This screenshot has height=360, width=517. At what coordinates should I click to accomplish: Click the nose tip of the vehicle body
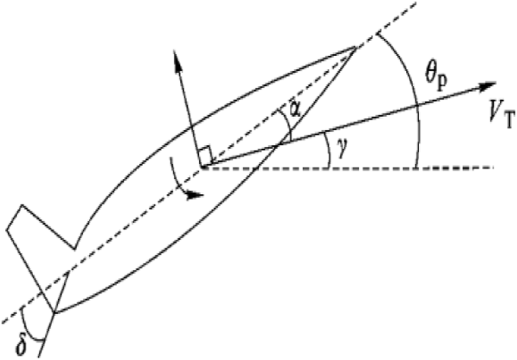coord(355,47)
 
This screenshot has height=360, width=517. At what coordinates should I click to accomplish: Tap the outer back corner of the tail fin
coord(7,230)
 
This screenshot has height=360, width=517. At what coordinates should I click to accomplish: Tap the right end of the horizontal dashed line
coord(494,167)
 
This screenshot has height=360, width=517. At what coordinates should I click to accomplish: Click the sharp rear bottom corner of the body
coord(55,313)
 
